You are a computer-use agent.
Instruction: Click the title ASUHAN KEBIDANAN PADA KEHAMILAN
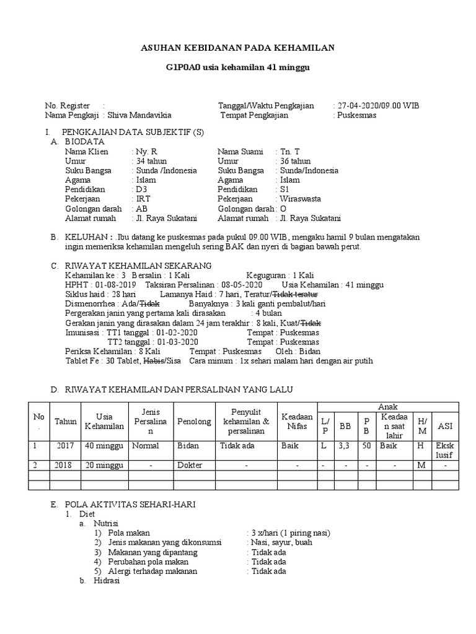[238, 48]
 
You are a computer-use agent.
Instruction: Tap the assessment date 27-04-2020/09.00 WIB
[378, 106]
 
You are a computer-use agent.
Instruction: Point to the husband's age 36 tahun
[294, 161]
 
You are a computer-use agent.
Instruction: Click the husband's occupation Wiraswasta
[301, 199]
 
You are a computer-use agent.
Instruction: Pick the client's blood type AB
[142, 209]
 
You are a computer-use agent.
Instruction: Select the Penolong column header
[191, 422]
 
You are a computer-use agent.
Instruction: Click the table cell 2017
[65, 446]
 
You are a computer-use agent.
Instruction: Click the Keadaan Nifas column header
[297, 422]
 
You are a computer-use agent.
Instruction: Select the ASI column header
[445, 426]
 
